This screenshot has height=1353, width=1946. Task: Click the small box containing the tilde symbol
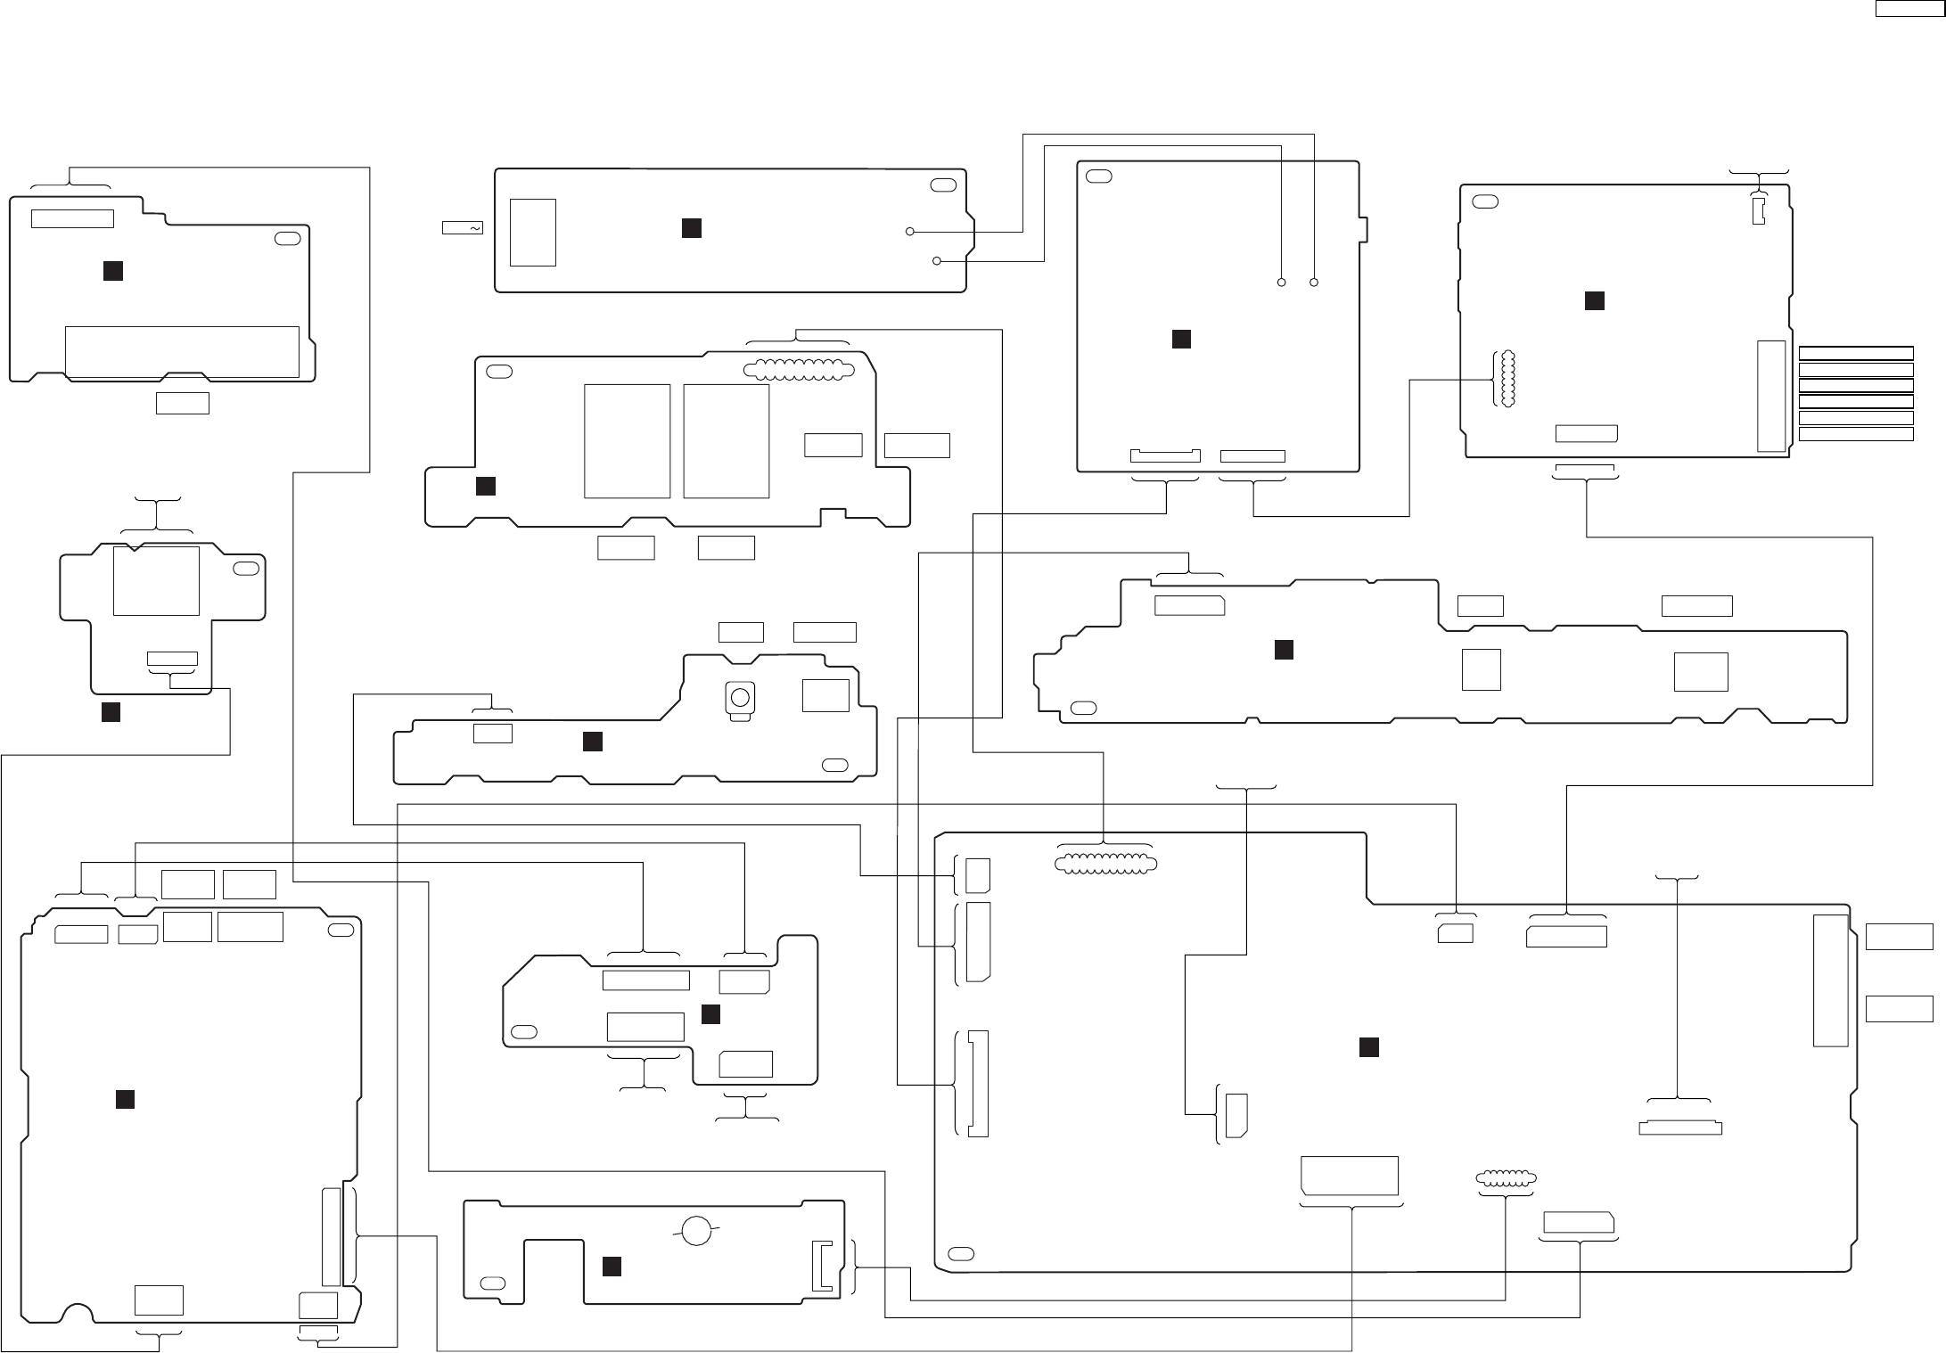(462, 228)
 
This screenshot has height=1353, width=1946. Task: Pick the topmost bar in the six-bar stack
(1856, 352)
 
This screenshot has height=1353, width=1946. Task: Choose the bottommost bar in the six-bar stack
(1856, 434)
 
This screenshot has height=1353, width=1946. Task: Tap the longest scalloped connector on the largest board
(1104, 863)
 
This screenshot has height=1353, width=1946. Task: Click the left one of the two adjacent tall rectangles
(627, 441)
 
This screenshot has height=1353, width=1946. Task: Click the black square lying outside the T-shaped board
(111, 712)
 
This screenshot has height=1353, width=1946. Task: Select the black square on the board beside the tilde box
(691, 228)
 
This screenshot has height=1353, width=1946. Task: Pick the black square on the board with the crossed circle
(612, 1267)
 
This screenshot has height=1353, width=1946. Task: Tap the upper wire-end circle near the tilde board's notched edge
(909, 232)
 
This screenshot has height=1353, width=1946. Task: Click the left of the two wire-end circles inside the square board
(1281, 283)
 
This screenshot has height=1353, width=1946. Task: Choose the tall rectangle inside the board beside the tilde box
(533, 232)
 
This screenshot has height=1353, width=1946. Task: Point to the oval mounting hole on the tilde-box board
(940, 184)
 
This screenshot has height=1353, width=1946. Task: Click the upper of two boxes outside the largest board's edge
(1900, 937)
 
